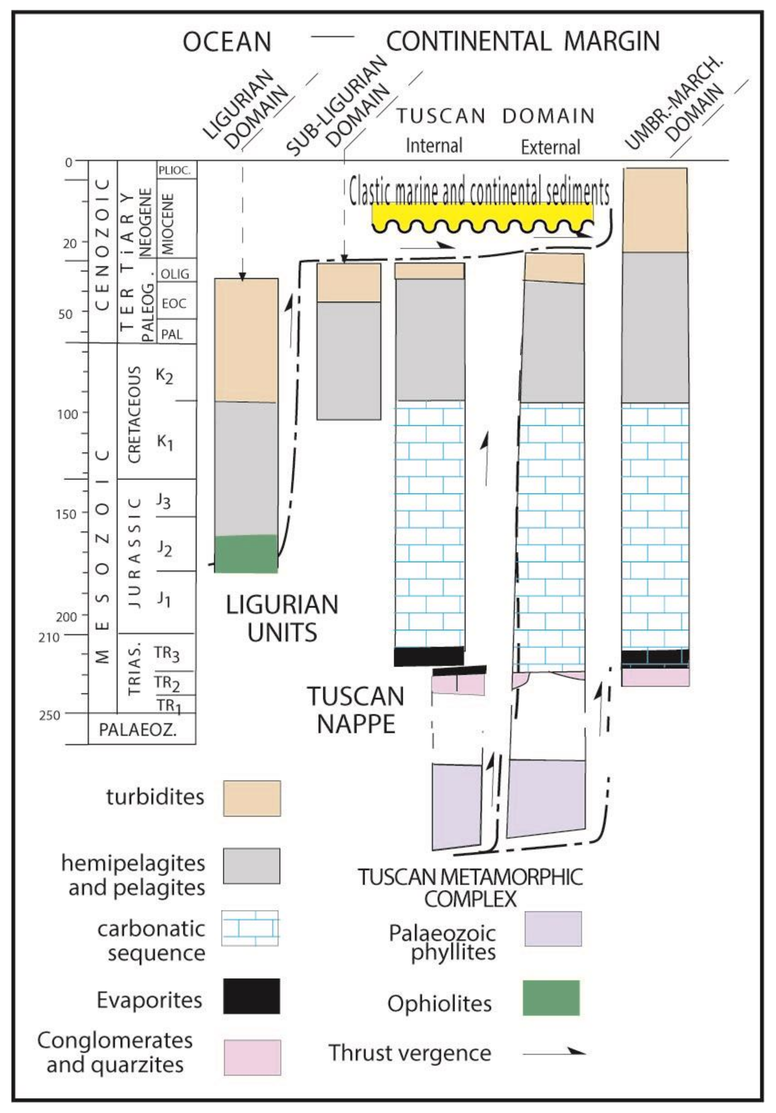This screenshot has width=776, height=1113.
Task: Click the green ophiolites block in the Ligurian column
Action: (x=246, y=554)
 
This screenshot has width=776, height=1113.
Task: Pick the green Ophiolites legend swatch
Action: (x=551, y=998)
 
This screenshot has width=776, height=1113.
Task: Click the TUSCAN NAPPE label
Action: (x=356, y=710)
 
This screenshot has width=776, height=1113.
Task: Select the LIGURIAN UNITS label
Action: (x=282, y=619)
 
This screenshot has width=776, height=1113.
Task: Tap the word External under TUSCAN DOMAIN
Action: (x=550, y=147)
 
